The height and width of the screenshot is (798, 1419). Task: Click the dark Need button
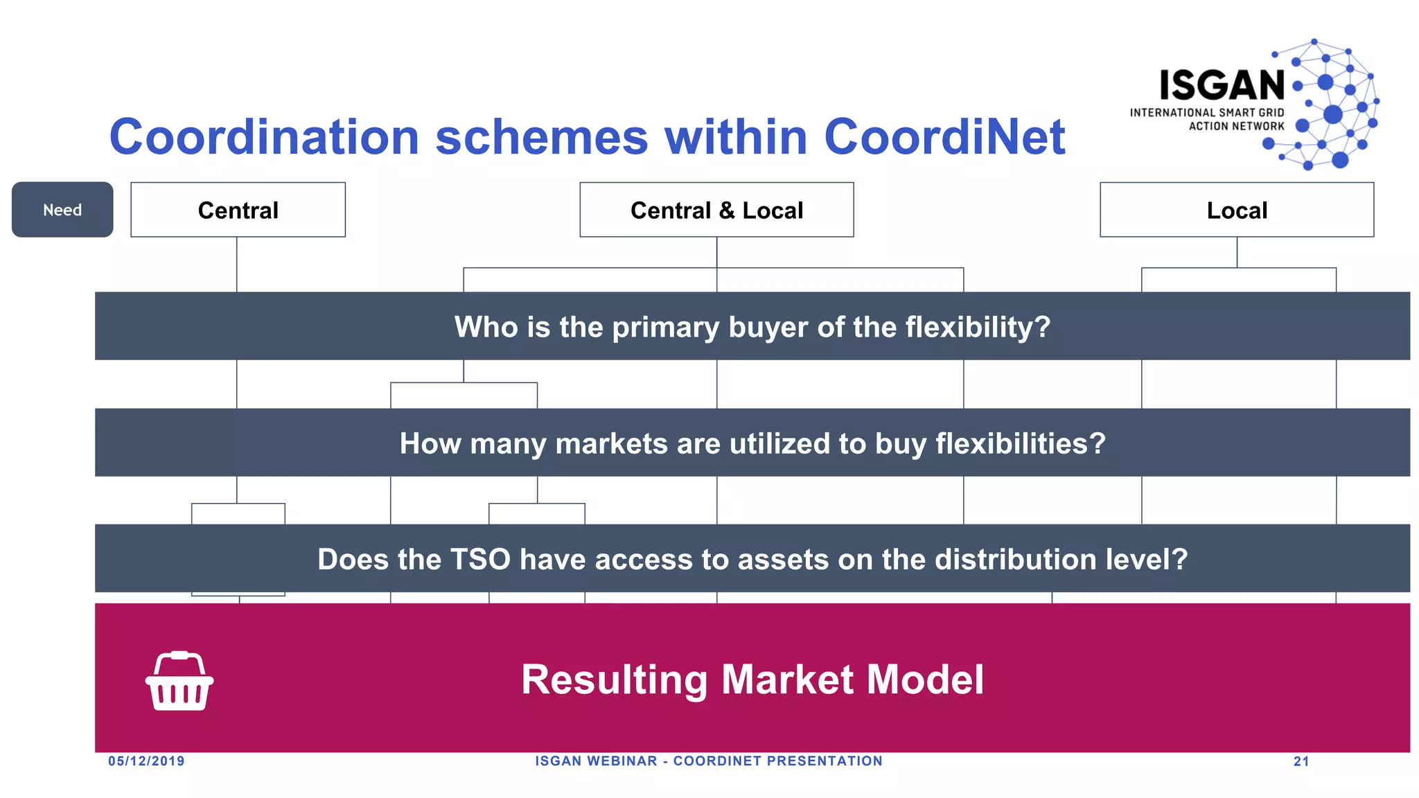coord(62,210)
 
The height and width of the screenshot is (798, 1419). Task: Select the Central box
coord(238,210)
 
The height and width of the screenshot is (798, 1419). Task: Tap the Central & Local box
coord(716,210)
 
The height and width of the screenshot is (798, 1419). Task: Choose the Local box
coord(1237,210)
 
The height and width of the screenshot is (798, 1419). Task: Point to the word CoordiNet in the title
coord(944,136)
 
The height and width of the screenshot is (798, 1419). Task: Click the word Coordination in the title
coord(264,136)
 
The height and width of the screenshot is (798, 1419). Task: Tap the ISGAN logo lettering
coord(1222,86)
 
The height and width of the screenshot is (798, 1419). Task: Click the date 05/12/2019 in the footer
coord(146,761)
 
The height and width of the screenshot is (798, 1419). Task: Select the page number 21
coord(1301,761)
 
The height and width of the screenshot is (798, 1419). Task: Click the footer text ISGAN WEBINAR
coord(596,761)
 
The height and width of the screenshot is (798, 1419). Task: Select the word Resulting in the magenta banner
coord(615,680)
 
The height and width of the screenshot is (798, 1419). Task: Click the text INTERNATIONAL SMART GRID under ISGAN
coord(1207,112)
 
